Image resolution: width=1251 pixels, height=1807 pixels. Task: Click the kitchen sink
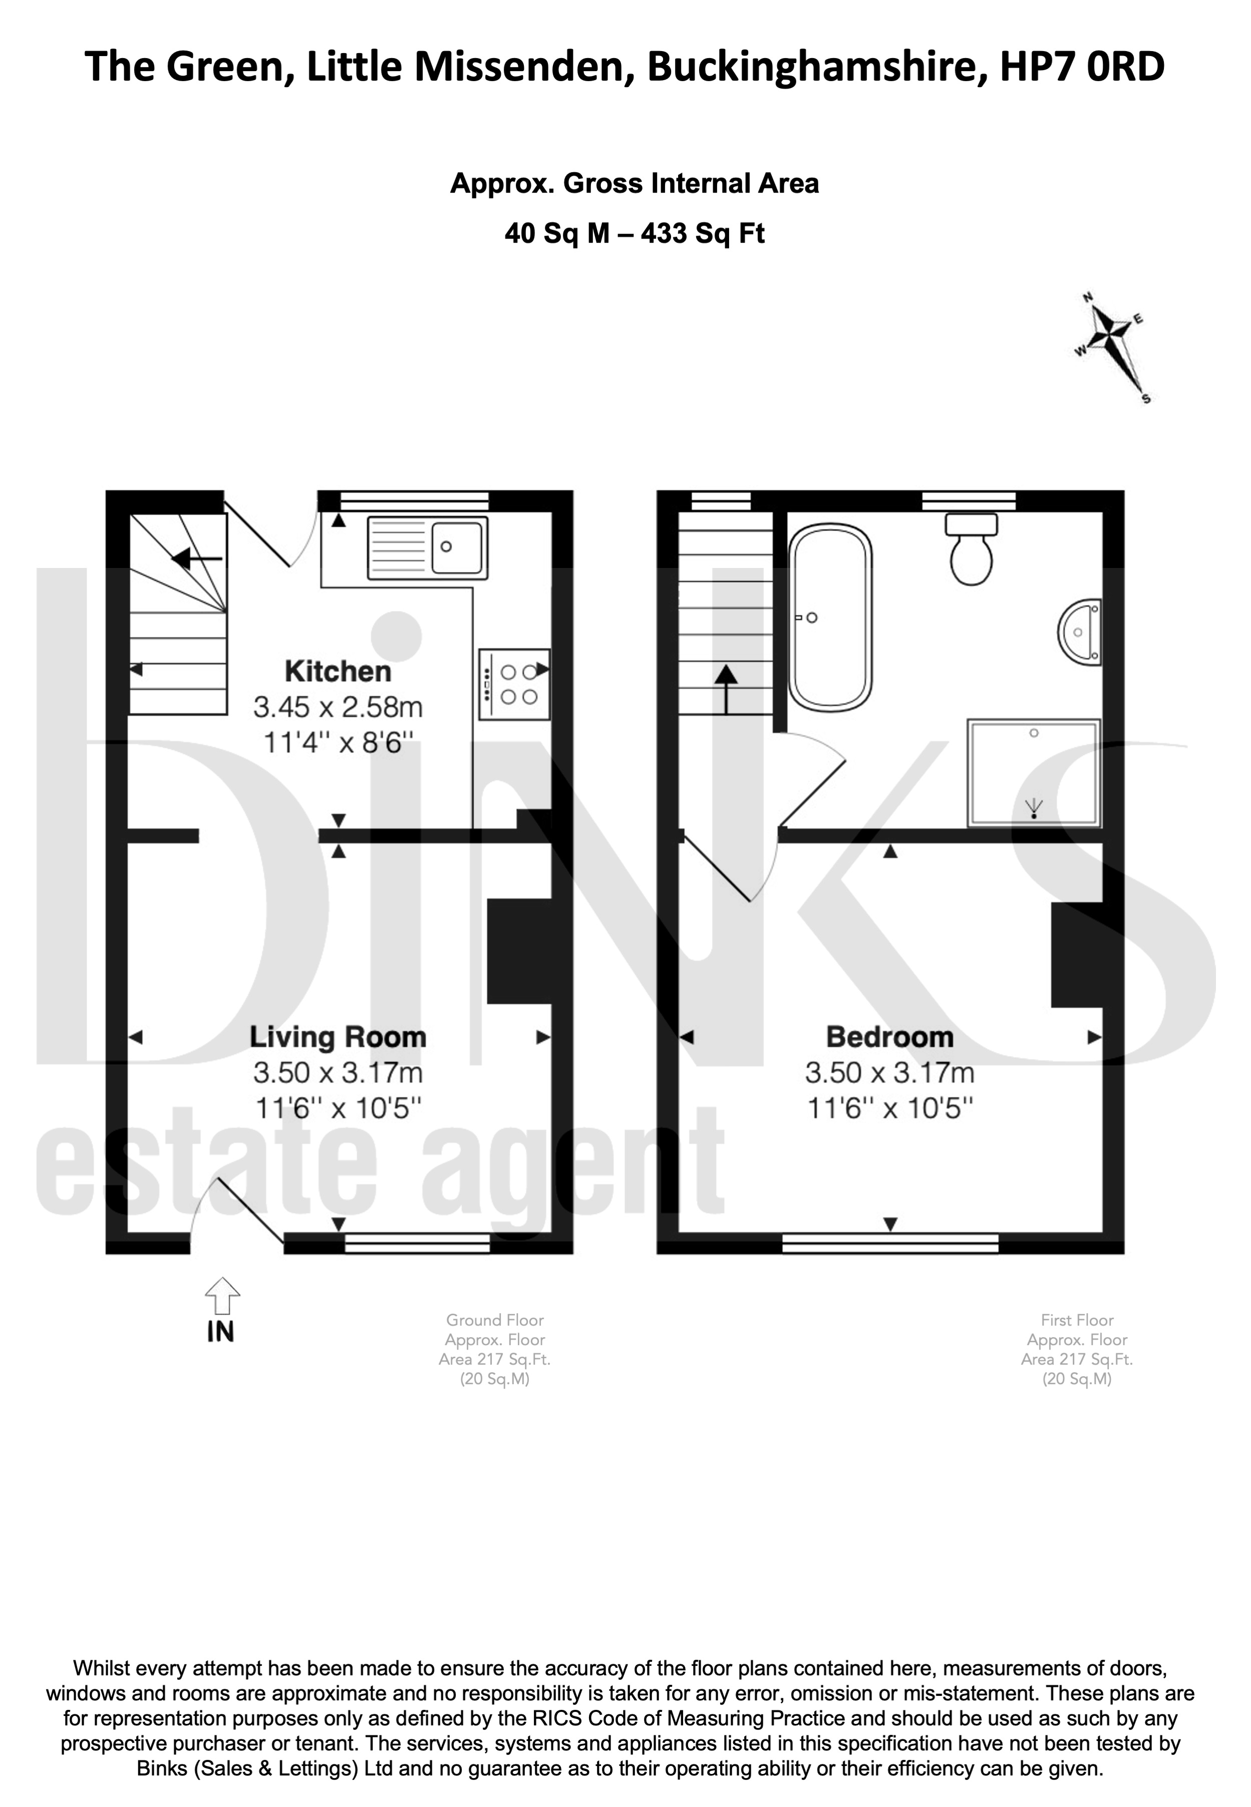426,547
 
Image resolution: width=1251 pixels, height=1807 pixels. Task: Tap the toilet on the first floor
971,549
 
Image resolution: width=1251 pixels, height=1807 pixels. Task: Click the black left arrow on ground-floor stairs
197,559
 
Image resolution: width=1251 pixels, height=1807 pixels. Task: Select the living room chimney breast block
519,951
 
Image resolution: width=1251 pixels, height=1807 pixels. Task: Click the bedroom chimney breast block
1077,955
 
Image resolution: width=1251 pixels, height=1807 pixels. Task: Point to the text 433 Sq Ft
703,234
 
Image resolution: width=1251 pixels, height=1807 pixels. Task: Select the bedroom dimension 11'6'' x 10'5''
890,1108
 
